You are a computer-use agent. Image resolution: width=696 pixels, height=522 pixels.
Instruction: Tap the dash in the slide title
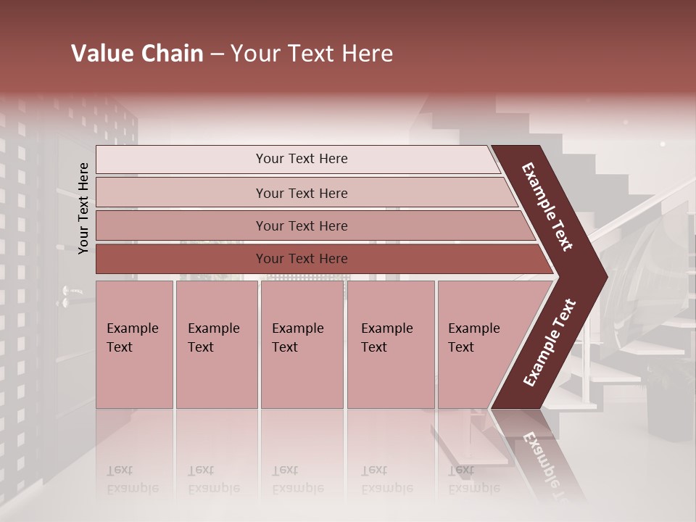[x=217, y=54]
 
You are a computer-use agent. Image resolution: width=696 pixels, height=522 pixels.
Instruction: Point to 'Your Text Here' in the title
[x=312, y=54]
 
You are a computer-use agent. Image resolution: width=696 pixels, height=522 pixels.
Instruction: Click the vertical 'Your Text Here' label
[x=83, y=208]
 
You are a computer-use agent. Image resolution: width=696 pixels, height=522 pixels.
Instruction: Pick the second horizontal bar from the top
[x=301, y=193]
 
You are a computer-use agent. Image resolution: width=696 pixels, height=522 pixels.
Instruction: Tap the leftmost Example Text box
[x=134, y=344]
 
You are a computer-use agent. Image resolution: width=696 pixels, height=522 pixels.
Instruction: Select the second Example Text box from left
[x=216, y=344]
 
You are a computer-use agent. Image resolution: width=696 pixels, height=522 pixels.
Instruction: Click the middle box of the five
[x=302, y=344]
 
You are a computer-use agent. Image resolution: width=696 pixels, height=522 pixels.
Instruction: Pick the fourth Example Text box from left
[x=391, y=344]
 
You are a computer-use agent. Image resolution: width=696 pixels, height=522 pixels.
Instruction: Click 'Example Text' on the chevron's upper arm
[x=547, y=207]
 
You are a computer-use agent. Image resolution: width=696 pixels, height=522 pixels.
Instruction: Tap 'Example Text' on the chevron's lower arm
[x=549, y=342]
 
